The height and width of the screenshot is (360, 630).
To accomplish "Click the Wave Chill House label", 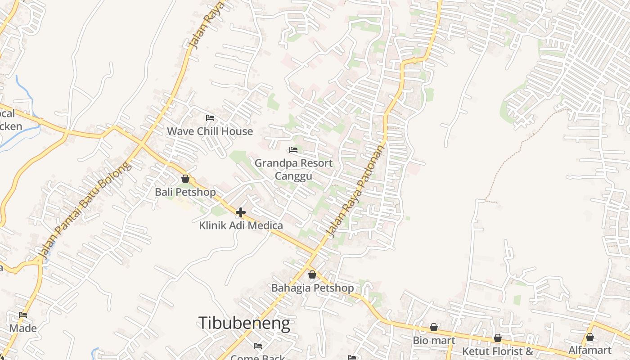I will (210, 131).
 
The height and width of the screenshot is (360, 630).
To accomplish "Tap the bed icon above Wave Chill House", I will (210, 118).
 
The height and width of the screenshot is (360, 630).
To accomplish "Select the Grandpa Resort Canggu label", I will (293, 169).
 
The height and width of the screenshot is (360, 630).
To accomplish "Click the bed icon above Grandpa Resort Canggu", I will (293, 149).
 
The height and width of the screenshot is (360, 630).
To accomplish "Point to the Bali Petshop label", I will (185, 192).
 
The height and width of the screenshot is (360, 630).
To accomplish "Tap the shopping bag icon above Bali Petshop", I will (185, 179).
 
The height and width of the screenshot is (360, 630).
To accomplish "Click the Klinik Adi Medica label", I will (241, 225).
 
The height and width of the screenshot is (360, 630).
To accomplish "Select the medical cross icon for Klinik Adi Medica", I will (241, 212).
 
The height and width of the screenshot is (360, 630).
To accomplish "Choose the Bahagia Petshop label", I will (312, 288).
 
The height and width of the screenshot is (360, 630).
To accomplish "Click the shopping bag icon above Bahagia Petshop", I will (312, 274).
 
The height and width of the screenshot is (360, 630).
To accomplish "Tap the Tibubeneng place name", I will (244, 323).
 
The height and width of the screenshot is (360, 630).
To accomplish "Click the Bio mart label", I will (434, 341).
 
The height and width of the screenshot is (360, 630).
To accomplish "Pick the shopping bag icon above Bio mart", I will (434, 327).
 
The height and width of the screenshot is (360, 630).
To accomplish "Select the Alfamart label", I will (590, 350).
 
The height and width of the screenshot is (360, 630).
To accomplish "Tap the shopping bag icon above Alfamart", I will (590, 337).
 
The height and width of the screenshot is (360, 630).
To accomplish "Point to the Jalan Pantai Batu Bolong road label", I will (85, 210).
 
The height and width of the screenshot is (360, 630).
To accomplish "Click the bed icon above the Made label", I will (23, 315).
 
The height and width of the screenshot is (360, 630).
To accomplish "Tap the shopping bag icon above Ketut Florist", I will (498, 337).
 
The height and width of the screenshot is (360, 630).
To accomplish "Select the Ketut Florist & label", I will (498, 351).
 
